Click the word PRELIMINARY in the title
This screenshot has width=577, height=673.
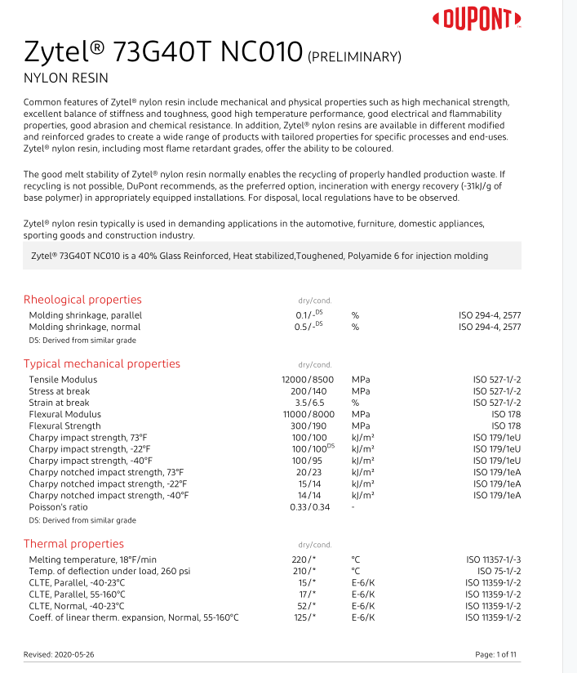click(x=354, y=56)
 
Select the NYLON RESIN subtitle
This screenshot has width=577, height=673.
click(x=66, y=78)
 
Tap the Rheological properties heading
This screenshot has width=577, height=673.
click(x=82, y=300)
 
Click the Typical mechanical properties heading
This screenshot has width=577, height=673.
click(x=102, y=363)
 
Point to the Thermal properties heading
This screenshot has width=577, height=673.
click(x=73, y=544)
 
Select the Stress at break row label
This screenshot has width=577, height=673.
click(x=60, y=391)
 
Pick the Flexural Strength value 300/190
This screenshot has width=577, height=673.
click(x=309, y=426)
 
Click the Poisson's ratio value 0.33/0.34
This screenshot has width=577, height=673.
click(x=309, y=507)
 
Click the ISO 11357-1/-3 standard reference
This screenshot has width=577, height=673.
click(x=493, y=559)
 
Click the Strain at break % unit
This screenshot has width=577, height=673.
click(x=356, y=403)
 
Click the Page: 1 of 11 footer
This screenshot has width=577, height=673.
click(x=495, y=655)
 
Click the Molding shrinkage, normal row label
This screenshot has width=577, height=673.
click(x=85, y=327)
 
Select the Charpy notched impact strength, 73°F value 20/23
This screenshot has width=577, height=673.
click(x=309, y=472)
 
